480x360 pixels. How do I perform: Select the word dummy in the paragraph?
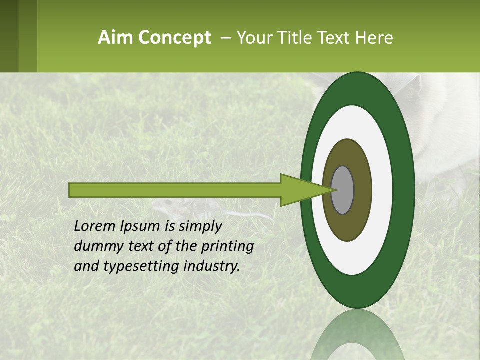click(94, 246)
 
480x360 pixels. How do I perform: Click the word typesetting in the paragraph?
click(135, 267)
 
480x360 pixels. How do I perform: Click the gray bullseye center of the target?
click(343, 190)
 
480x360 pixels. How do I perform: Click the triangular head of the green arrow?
click(300, 190)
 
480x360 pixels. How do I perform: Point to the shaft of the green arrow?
click(175, 190)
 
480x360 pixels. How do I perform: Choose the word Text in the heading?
click(334, 38)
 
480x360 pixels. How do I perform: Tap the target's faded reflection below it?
click(358, 335)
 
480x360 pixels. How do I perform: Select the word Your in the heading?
click(254, 38)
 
